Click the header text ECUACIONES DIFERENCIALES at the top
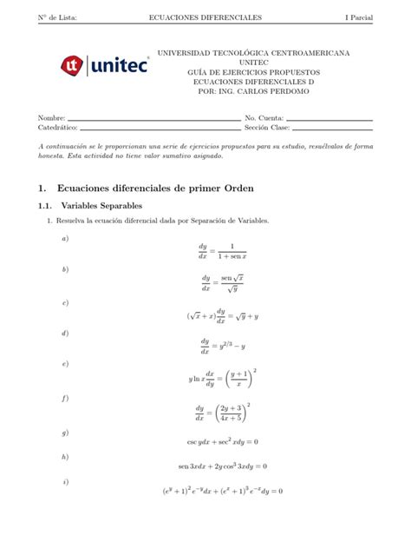pyautogui.click(x=205, y=17)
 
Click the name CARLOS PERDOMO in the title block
pyautogui.click(x=258, y=90)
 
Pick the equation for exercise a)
pyautogui.click(x=223, y=251)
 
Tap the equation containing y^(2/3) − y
pyautogui.click(x=223, y=346)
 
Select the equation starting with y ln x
pyautogui.click(x=223, y=380)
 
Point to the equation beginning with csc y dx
pyautogui.click(x=223, y=442)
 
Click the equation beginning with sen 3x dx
pyautogui.click(x=223, y=466)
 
